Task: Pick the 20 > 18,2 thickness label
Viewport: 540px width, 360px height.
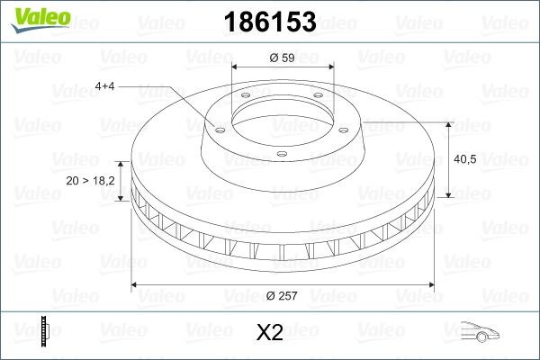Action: coord(91,181)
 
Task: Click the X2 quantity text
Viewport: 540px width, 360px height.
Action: coord(270,333)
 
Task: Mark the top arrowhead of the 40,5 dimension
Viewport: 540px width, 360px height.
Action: coord(448,123)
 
